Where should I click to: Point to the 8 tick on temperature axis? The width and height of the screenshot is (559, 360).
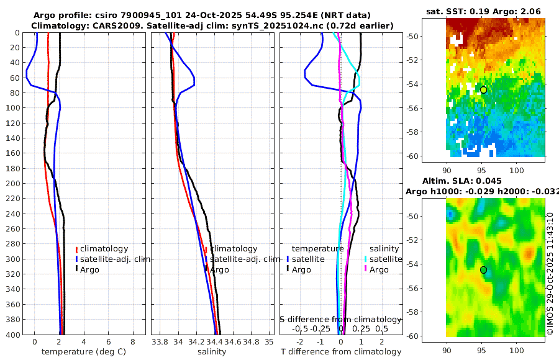[x=133, y=341]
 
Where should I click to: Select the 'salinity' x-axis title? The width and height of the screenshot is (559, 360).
[x=212, y=352]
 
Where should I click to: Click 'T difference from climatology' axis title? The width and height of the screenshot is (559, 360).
[x=340, y=352]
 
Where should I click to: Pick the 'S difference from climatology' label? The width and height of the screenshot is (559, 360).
[x=340, y=318]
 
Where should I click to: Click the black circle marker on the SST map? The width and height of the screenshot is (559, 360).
[x=483, y=90]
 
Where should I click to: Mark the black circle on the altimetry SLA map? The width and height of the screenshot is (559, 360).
[x=483, y=270]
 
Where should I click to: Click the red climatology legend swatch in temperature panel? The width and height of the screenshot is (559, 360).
[x=77, y=250]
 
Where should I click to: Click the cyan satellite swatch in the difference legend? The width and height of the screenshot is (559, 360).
[x=366, y=259]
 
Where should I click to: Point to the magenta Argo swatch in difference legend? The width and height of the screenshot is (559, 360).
[x=366, y=269]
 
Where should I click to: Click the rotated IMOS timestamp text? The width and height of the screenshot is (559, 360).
[x=550, y=273]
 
